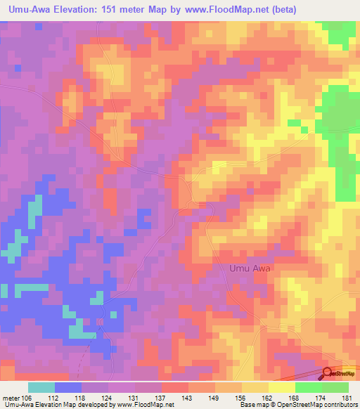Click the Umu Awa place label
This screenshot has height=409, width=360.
click(250, 268)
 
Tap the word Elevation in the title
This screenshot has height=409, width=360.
click(85, 10)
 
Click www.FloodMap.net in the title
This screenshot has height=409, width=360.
click(226, 10)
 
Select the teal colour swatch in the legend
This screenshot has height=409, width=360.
click(41, 387)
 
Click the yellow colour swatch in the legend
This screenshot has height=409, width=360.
click(282, 387)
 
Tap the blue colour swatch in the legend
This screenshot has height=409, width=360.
click(68, 387)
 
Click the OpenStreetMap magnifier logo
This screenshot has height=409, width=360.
click(328, 374)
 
